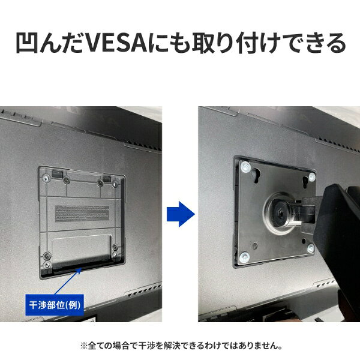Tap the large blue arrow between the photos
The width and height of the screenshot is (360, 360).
[181, 214]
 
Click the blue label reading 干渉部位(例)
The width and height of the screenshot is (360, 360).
[55, 305]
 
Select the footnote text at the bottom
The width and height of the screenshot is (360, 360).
[181, 346]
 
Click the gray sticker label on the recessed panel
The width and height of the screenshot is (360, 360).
[82, 214]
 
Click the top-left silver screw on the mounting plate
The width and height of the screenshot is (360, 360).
[245, 167]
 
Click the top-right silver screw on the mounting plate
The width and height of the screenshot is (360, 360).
[312, 177]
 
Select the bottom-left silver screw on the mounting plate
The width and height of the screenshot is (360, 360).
[244, 257]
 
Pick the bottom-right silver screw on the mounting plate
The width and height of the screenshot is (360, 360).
[311, 248]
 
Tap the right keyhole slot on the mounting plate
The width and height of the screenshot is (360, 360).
[305, 182]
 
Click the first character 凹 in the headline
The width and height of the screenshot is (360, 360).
[26, 43]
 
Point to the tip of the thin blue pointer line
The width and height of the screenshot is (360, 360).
[80, 268]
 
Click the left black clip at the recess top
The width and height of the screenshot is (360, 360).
[57, 173]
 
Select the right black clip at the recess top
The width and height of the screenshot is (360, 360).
[107, 178]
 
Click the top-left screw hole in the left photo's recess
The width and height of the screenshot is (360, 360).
[47, 179]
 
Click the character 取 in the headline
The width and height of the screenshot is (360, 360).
[202, 43]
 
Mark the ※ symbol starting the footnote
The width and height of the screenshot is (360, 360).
[83, 346]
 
